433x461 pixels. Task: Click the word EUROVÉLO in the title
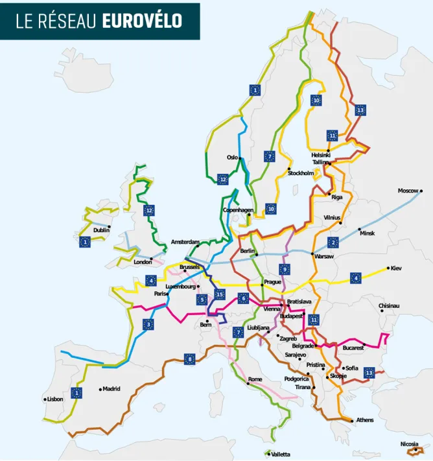pyautogui.click(x=142, y=21)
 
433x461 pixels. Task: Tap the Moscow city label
pyautogui.click(x=408, y=191)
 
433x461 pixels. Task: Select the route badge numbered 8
pyautogui.click(x=189, y=359)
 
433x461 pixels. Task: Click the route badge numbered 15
pyautogui.click(x=220, y=294)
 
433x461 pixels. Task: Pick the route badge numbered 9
pyautogui.click(x=284, y=269)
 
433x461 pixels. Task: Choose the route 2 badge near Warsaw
pyautogui.click(x=333, y=242)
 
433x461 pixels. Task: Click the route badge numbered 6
pyautogui.click(x=243, y=298)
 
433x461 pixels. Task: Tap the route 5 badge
pyautogui.click(x=202, y=300)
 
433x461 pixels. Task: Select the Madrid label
pyautogui.click(x=111, y=389)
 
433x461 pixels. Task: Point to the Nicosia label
pyautogui.click(x=409, y=444)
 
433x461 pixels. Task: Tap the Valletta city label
pyautogui.click(x=281, y=455)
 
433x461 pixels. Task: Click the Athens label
pyautogui.click(x=364, y=420)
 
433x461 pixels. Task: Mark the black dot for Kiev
pyautogui.click(x=388, y=268)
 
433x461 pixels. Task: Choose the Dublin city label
pyautogui.click(x=101, y=230)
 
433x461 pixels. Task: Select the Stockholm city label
pyautogui.click(x=301, y=173)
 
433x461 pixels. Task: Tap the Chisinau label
pyautogui.click(x=389, y=305)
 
